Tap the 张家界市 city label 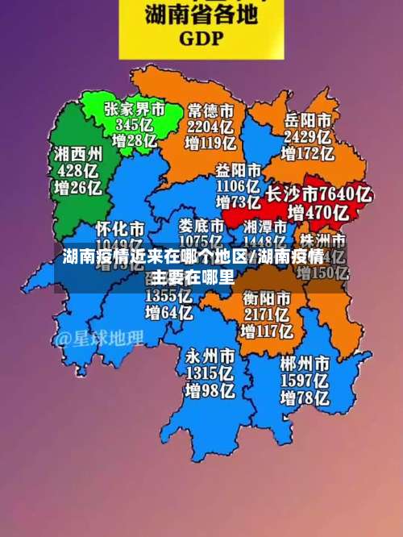[135, 107]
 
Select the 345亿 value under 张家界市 [135, 124]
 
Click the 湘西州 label [78, 153]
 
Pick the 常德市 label [211, 109]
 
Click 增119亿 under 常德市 [211, 144]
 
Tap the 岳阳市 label [307, 119]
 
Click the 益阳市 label [239, 171]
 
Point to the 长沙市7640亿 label [318, 194]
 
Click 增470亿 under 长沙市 [318, 213]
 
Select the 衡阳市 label [267, 298]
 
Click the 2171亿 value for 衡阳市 [267, 315]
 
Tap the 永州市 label [210, 356]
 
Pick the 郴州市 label [305, 363]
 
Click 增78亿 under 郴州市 [305, 398]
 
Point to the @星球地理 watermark [99, 338]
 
